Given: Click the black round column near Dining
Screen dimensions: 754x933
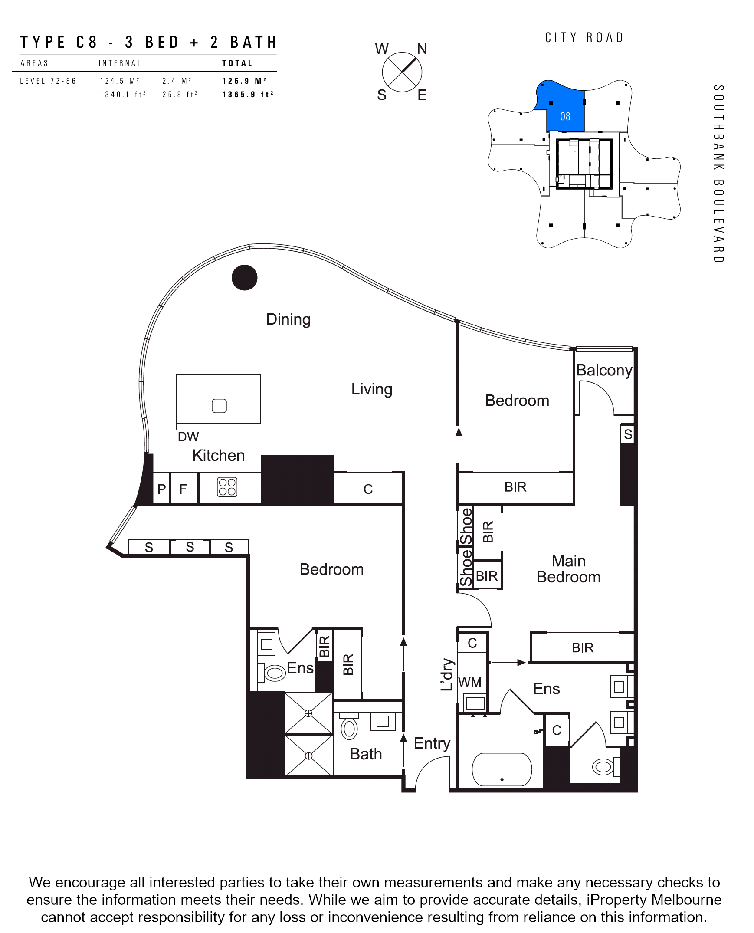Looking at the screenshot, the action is [245, 278].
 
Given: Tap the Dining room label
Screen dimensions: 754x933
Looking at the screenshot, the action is [288, 319].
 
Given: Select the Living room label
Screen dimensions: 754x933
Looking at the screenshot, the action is [372, 389].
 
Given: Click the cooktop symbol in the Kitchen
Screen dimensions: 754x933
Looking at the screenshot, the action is [227, 487].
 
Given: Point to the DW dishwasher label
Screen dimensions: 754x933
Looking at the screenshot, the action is [188, 437].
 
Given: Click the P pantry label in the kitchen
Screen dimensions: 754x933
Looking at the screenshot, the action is [161, 489].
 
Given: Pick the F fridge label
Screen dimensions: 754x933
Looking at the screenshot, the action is [183, 489].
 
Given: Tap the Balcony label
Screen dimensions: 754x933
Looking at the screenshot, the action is [604, 371].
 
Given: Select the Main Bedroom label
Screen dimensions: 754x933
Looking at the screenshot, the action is [569, 569].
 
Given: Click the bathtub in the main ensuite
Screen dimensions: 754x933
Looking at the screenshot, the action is [502, 770].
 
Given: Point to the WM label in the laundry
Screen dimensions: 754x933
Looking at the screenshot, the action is [469, 682].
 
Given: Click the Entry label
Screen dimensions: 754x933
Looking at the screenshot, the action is [432, 744].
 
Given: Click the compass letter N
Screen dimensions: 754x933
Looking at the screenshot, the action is [422, 49].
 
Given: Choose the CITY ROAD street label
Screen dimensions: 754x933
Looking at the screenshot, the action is [585, 38].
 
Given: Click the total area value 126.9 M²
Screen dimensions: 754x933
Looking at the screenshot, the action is [245, 81].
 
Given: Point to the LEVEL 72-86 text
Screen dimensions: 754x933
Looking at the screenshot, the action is [48, 81].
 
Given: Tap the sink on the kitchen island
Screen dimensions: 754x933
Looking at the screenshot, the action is [220, 406].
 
